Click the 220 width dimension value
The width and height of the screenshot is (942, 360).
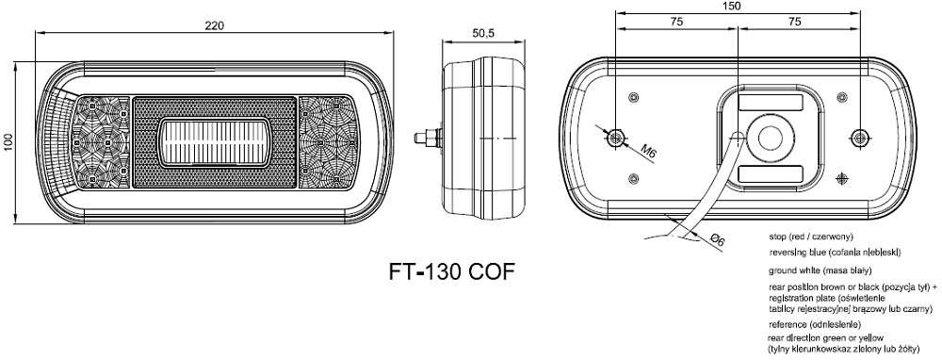214,25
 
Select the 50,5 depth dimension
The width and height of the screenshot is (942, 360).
482,34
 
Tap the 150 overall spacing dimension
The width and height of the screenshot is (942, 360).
733,6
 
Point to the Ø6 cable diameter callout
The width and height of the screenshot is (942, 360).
716,240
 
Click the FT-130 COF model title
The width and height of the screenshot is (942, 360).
452,272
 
